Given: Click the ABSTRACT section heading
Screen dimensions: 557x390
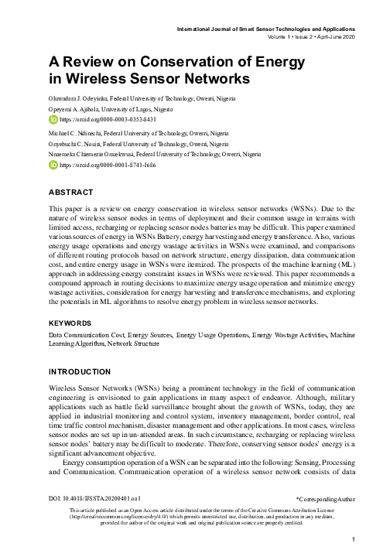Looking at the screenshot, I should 71,191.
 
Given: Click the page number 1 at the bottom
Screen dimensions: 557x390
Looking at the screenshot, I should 352,539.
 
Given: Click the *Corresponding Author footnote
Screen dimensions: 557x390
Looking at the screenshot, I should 326,512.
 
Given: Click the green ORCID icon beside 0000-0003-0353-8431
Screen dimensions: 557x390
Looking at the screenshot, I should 53,121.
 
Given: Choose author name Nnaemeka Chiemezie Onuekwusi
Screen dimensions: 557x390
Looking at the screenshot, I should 97,155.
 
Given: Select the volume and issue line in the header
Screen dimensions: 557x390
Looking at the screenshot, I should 311,37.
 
